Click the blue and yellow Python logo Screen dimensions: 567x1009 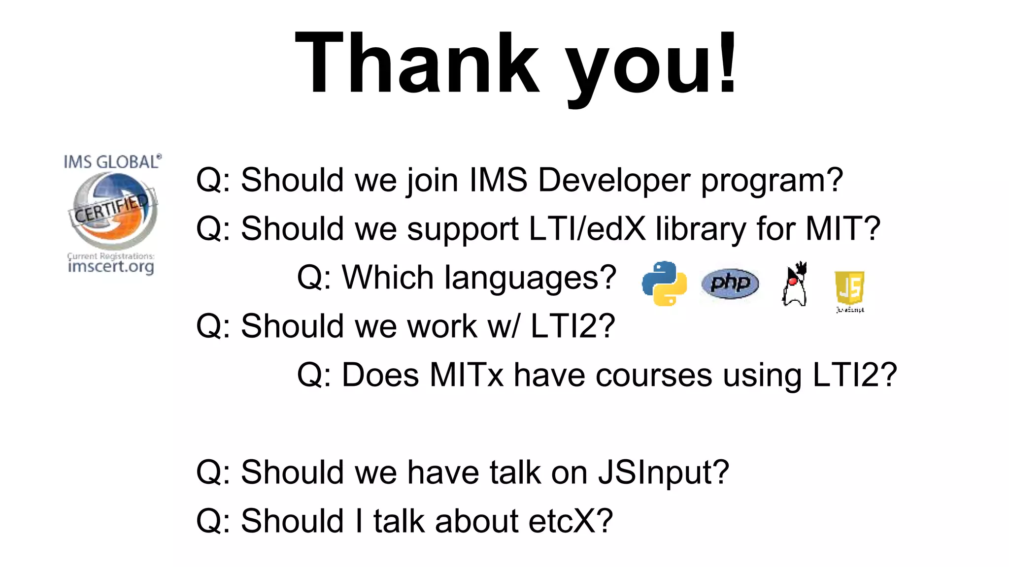(x=664, y=283)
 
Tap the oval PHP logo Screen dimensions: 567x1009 (x=730, y=283)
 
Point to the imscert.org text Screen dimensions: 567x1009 (x=111, y=267)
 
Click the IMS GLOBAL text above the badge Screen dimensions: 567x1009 (x=112, y=162)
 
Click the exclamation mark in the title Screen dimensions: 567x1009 (x=727, y=63)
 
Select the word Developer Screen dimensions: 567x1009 (x=614, y=180)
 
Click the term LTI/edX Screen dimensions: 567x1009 (x=587, y=229)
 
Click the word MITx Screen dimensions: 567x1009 (x=466, y=375)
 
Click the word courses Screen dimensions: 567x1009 (x=654, y=375)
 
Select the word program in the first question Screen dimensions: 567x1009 (x=772, y=181)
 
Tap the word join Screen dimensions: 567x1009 (x=433, y=180)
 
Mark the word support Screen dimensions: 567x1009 (x=462, y=230)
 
